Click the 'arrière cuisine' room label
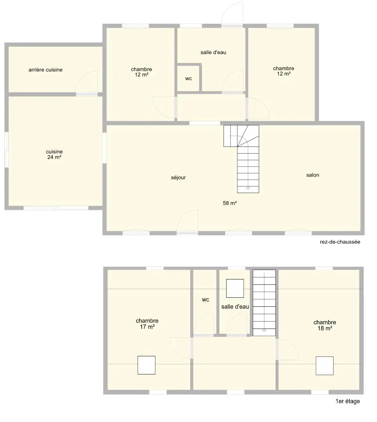point(45,70)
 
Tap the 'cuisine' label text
point(54,152)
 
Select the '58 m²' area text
point(230,203)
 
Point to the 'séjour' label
point(178,178)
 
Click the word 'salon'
point(313,175)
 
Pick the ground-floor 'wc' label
point(189,79)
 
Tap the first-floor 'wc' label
point(206,300)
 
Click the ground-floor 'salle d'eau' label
point(213,52)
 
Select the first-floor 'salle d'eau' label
point(235,307)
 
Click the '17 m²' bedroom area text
point(147,327)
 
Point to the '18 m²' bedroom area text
point(325,328)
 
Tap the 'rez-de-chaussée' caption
point(340,242)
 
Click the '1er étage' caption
point(348,401)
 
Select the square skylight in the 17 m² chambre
point(146,365)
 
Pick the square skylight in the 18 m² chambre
point(325,366)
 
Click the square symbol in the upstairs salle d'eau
point(235,288)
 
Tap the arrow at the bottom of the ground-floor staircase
point(248,188)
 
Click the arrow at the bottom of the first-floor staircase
point(264,330)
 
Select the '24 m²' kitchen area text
point(54,157)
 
